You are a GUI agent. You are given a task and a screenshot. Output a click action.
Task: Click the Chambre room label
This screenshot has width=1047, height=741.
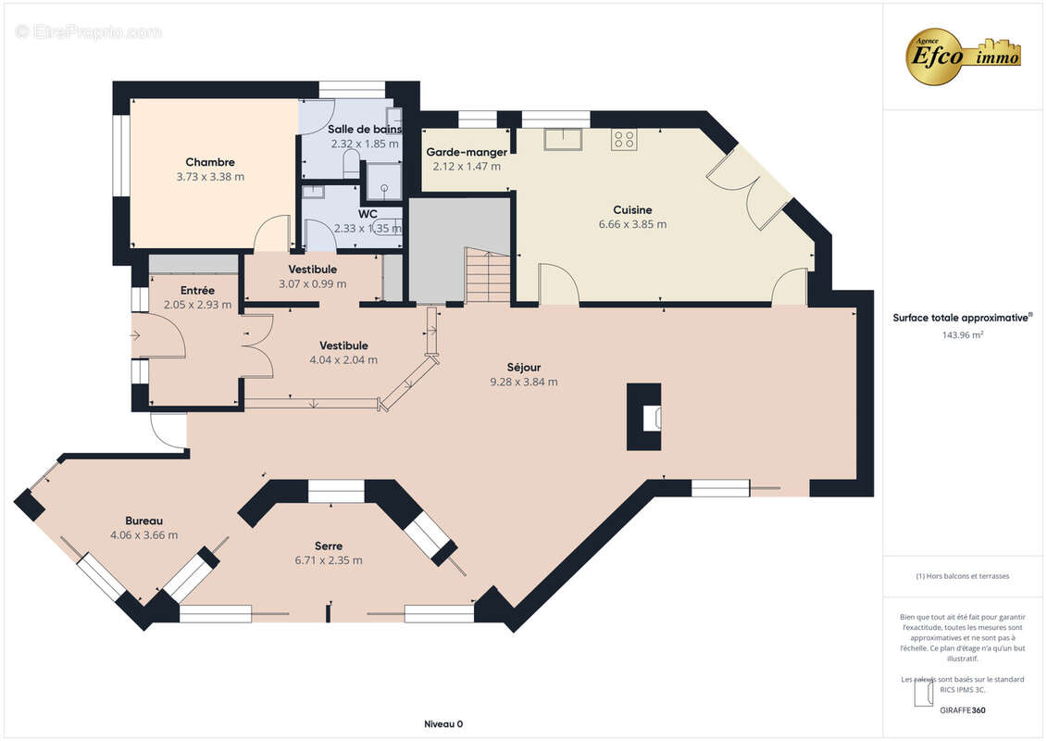209,162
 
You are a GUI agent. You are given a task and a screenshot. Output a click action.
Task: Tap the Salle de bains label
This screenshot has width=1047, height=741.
365,129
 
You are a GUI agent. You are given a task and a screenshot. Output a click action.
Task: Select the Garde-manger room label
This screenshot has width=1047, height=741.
467,152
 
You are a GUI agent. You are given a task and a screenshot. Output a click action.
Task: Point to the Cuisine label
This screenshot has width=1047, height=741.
632,210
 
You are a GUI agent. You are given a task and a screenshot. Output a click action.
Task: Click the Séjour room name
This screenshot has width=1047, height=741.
524,367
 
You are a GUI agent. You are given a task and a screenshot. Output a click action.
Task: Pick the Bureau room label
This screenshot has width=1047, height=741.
143,521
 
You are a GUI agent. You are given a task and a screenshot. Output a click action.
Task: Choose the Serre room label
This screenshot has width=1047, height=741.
329,546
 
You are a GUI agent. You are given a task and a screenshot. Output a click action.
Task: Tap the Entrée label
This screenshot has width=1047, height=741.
198,290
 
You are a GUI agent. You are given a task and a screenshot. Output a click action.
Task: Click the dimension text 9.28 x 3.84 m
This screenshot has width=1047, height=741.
524,383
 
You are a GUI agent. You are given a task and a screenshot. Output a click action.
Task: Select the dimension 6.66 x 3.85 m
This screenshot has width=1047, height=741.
632,224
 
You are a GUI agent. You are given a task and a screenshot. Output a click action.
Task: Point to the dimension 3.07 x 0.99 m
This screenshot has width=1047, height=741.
313,284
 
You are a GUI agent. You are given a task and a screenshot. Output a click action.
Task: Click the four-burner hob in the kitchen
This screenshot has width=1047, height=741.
624,140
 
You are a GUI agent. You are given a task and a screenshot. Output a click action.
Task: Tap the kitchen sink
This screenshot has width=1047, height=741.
563,139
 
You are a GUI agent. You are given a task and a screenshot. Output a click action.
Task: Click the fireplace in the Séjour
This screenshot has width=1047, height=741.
644,417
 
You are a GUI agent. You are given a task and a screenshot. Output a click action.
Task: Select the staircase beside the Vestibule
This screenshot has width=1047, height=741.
488,276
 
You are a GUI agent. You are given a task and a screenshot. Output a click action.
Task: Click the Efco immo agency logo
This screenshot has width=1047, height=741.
962,57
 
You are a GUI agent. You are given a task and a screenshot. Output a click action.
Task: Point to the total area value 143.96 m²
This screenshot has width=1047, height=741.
962,334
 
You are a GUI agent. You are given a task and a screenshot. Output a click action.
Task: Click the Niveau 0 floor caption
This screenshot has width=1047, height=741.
443,724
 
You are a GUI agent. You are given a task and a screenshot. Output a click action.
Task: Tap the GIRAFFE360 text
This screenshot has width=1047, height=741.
962,710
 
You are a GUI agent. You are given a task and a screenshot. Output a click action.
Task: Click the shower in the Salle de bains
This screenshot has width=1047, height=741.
384,181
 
